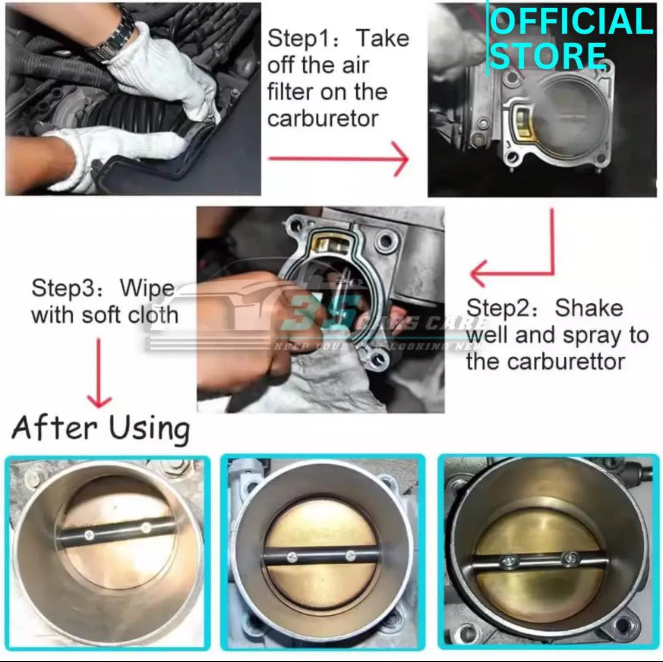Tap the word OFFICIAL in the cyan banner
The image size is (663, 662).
570,22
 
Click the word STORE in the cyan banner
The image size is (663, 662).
548,56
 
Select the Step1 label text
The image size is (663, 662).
302,39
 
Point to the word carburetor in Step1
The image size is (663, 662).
323,119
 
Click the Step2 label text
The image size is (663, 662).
502,308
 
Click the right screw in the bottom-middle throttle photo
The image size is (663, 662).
351,555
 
